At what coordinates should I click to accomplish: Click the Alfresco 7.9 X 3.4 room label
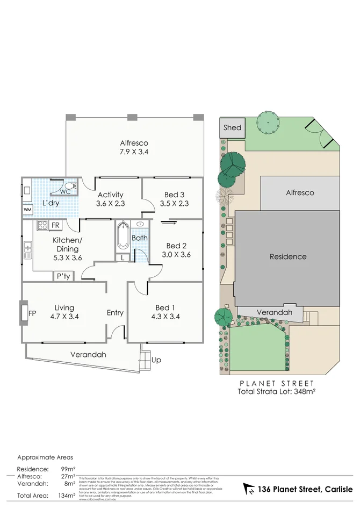click(134, 147)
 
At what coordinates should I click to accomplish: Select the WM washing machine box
click(27, 209)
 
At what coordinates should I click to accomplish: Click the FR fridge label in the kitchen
click(56, 225)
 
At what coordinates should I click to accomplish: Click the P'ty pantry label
click(63, 276)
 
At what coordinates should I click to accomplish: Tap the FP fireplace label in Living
click(32, 313)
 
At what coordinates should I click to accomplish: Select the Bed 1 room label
click(165, 312)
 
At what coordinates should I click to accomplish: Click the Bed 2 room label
click(176, 250)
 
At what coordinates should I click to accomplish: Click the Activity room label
click(110, 199)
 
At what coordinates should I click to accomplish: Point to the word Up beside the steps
click(156, 360)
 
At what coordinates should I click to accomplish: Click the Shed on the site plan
click(233, 128)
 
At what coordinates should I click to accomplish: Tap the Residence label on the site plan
click(288, 256)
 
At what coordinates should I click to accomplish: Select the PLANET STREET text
click(276, 383)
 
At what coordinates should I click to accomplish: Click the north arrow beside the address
click(249, 489)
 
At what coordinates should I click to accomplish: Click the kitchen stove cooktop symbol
click(43, 225)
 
